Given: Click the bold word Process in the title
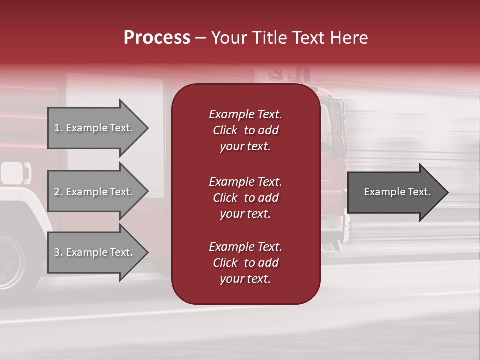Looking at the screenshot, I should click(157, 38).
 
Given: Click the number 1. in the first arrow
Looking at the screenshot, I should click(58, 128).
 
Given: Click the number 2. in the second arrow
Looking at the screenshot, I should click(58, 192).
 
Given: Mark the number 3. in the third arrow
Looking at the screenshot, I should click(58, 252).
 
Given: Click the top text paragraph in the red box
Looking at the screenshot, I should click(245, 130).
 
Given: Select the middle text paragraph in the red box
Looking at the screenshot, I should click(245, 198).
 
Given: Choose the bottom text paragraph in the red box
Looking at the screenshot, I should click(245, 263).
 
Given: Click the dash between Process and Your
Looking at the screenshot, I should click(200, 38).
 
